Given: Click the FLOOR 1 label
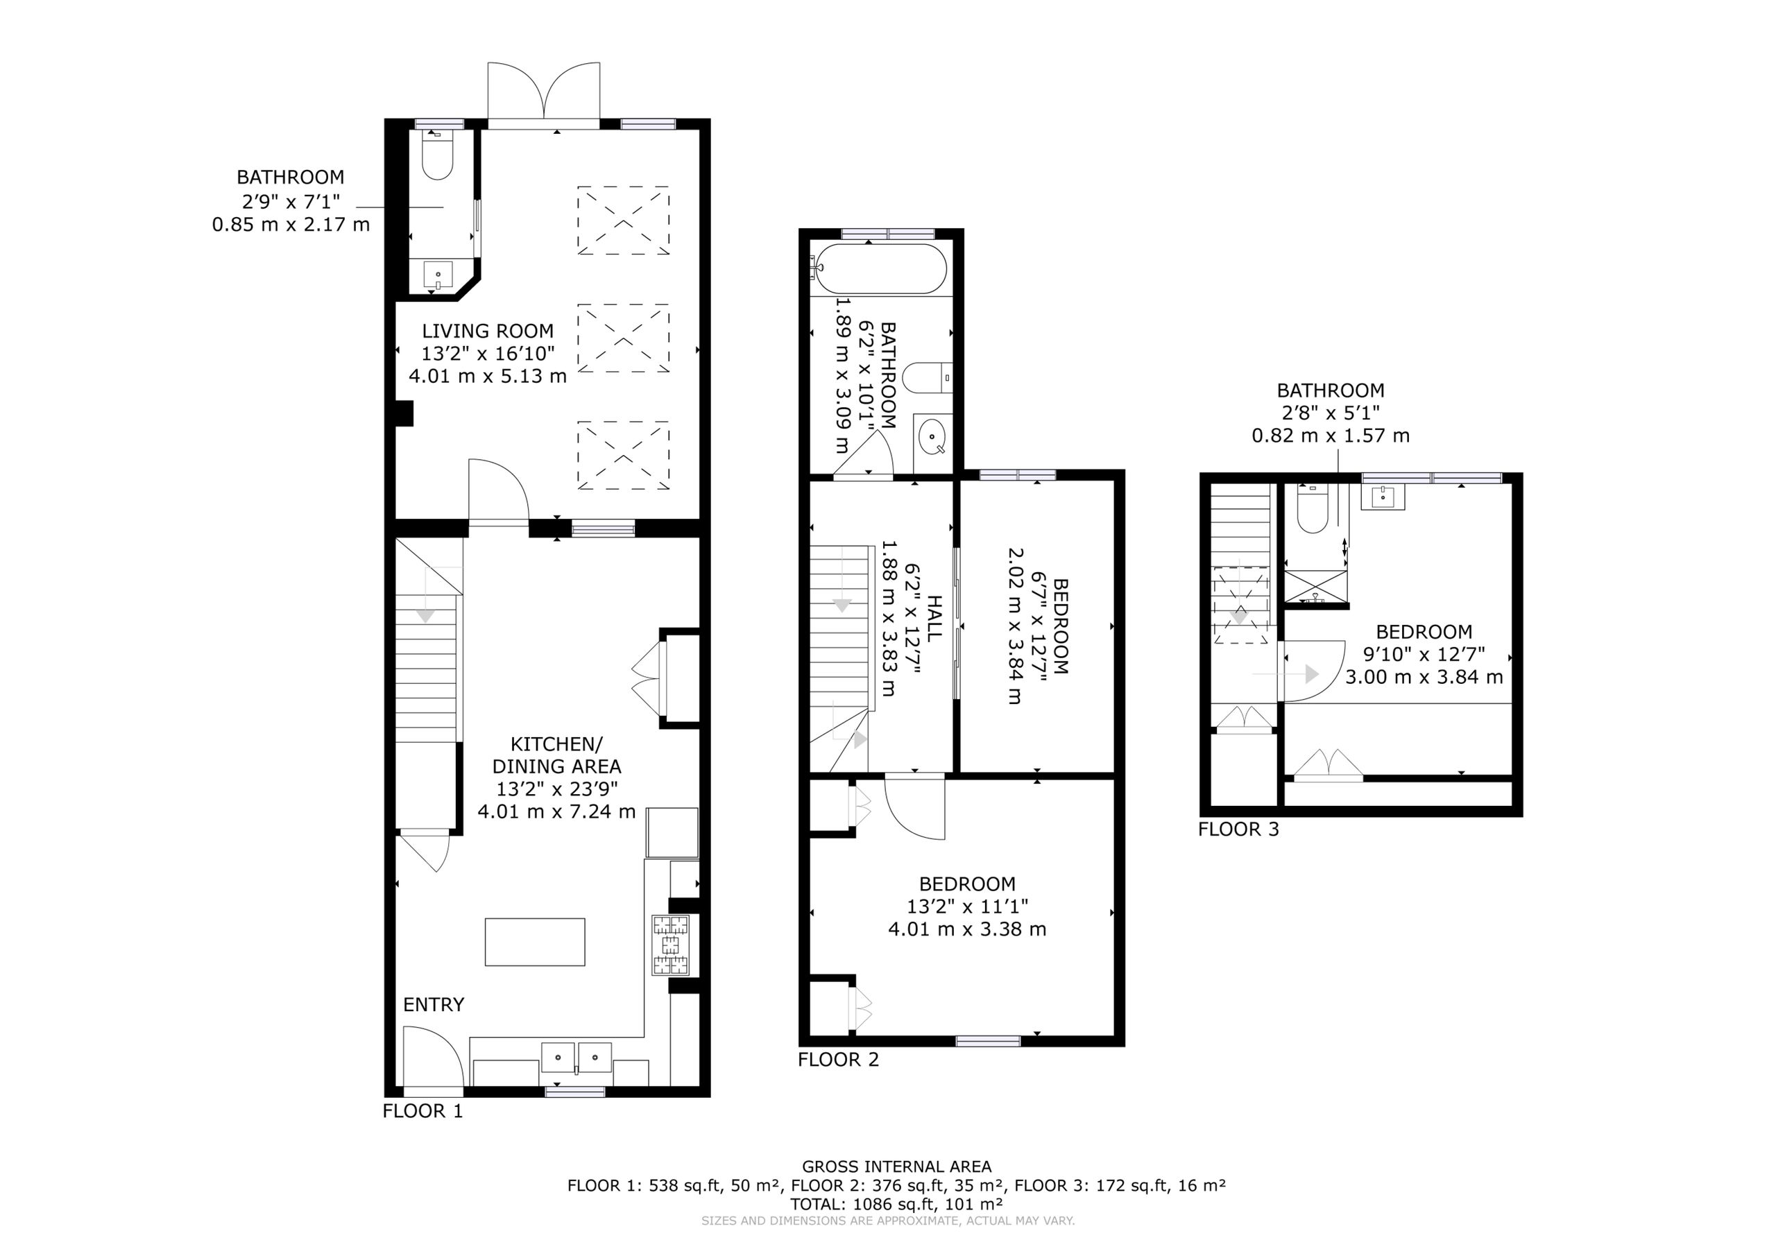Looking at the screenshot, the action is [422, 1111].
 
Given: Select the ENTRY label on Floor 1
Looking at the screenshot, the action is [433, 1005].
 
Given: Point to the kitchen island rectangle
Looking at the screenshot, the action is [534, 942].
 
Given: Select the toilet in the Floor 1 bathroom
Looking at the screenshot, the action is [438, 155].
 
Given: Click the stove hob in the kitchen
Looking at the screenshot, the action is [670, 945].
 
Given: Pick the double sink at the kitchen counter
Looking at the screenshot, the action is [577, 1059].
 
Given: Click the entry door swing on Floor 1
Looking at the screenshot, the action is [433, 1056].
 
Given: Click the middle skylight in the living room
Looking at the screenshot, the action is [623, 338].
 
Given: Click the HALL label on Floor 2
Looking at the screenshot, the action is [935, 619].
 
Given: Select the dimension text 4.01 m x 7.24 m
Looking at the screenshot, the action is [556, 811].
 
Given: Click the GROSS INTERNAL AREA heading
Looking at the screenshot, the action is [896, 1167].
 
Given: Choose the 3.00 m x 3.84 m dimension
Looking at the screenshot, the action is [1424, 678].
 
